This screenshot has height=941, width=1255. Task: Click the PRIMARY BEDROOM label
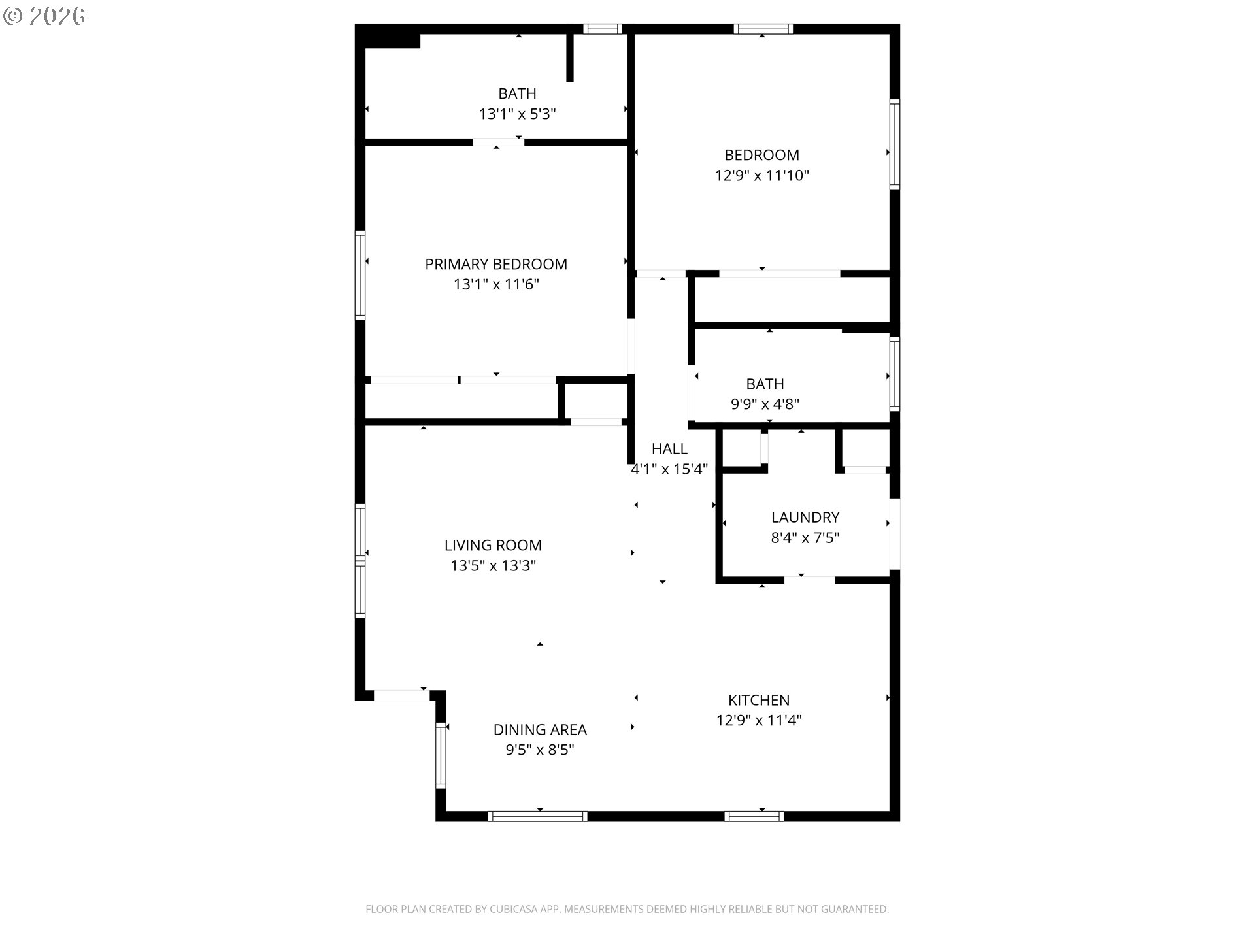[496, 264]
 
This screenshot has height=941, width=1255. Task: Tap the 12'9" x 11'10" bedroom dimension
[762, 175]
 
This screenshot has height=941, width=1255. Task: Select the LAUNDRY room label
[805, 518]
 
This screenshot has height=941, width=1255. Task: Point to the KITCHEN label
[759, 700]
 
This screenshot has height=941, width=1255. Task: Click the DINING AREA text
[540, 729]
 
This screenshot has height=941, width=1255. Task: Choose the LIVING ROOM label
[493, 545]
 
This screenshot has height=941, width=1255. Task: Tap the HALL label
[669, 448]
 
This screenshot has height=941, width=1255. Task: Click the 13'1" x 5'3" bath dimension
[517, 114]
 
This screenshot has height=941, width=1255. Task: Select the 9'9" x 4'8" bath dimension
[765, 404]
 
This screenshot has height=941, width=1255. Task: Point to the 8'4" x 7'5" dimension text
[805, 538]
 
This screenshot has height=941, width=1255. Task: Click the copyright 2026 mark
[44, 16]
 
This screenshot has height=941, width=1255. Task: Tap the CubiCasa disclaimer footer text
[627, 909]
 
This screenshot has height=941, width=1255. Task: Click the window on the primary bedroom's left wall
[360, 275]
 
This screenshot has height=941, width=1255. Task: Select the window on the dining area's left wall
[441, 755]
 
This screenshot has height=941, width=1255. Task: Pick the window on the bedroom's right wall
[895, 144]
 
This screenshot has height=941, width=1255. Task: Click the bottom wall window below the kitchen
[754, 816]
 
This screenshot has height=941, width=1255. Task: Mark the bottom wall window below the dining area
[537, 816]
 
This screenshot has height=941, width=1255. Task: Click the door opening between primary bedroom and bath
[498, 142]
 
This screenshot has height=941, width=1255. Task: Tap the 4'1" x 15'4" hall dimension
[669, 469]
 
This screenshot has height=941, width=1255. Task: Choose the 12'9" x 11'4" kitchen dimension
[759, 720]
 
